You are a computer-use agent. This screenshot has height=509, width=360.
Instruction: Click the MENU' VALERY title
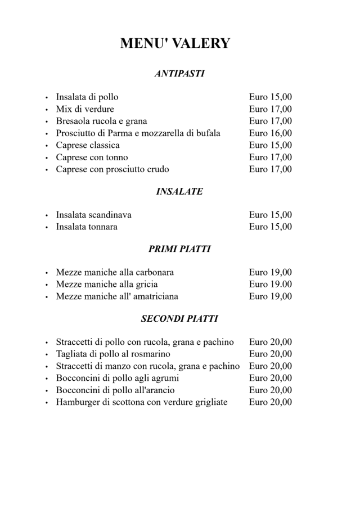[x=175, y=43]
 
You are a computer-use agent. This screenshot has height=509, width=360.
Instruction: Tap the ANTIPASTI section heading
[x=179, y=74]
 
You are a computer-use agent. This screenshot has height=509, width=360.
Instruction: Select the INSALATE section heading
[x=179, y=192]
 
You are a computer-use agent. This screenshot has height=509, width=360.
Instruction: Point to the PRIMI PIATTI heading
[x=179, y=249]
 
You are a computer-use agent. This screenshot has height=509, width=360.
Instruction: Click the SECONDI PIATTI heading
[x=179, y=319]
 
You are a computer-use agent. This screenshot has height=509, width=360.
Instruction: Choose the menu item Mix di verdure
[x=85, y=109]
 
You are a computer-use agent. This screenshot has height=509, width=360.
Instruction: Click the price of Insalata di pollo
[x=271, y=97]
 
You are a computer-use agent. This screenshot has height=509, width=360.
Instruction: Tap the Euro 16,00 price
[x=271, y=133]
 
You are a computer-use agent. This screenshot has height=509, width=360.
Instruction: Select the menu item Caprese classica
[x=88, y=145]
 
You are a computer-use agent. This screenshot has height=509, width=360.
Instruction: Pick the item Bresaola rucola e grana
[x=101, y=121]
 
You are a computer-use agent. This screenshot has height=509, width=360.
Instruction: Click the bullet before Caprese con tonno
[x=47, y=158]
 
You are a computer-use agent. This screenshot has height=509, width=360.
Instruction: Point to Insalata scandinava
[x=94, y=215]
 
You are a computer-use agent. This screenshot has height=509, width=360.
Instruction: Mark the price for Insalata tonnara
[x=271, y=227]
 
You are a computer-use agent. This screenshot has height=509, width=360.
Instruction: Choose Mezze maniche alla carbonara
[x=115, y=273]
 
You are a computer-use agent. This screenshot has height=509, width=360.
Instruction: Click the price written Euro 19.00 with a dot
[x=271, y=285]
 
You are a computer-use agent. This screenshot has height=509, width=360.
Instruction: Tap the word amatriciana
[x=153, y=296]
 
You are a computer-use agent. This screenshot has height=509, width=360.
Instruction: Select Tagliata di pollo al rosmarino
[x=113, y=354]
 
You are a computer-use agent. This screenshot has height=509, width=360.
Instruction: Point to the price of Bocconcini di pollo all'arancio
[x=271, y=390]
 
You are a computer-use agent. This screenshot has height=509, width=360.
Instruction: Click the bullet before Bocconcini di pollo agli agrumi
[x=47, y=379]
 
